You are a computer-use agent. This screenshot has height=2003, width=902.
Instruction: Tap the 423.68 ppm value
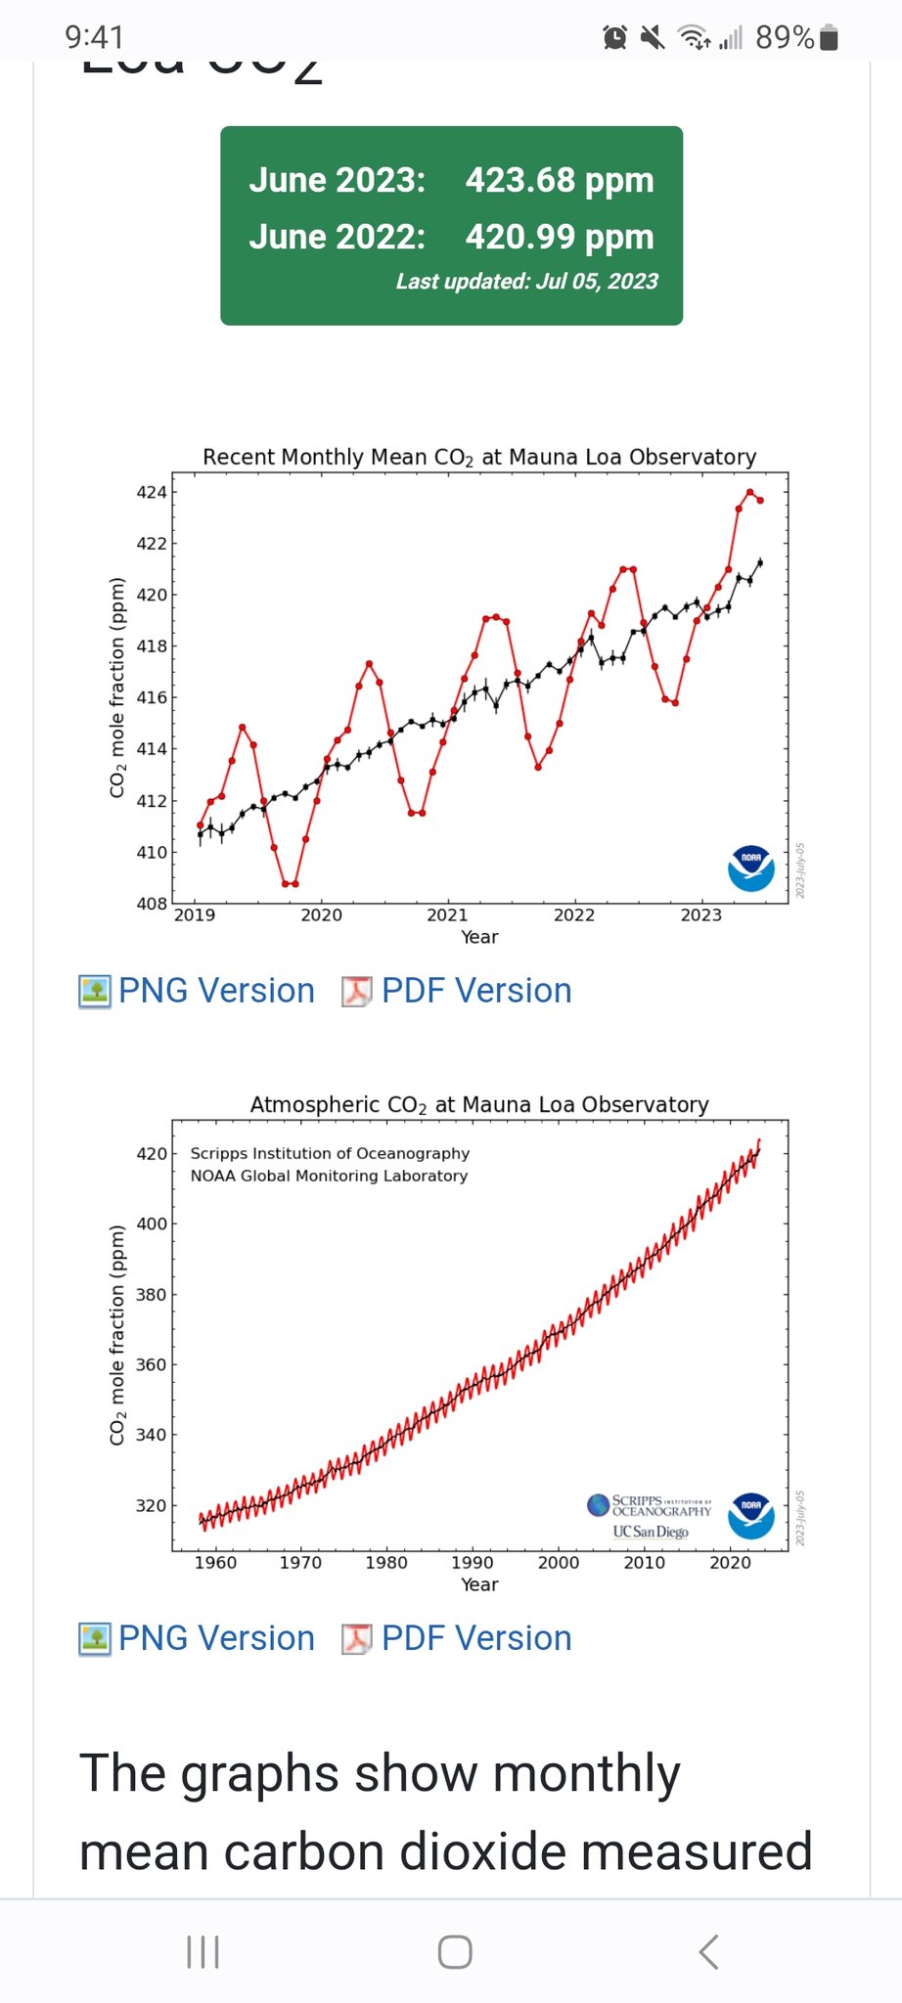[559, 181]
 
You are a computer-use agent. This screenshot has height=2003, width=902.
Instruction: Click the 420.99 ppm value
[559, 238]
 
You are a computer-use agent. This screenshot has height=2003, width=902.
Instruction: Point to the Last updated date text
[526, 282]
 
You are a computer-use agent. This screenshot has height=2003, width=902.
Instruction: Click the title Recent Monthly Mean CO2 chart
[479, 457]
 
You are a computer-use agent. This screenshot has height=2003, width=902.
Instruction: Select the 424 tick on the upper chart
[152, 492]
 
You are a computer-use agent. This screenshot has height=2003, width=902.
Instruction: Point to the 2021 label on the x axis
[447, 915]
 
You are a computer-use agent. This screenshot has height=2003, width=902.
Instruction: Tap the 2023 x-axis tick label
[700, 915]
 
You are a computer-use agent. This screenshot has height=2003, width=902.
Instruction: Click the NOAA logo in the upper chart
[751, 868]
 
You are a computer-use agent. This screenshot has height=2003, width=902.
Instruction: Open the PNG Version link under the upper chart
[216, 991]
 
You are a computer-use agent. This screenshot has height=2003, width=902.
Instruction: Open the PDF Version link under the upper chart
[475, 991]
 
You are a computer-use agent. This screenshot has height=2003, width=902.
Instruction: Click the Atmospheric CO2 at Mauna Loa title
[479, 1104]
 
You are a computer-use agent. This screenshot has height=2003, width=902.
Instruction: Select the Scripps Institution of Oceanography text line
[330, 1153]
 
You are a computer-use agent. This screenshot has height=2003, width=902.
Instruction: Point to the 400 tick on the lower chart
[152, 1224]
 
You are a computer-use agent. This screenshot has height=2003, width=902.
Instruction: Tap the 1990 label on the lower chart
[472, 1563]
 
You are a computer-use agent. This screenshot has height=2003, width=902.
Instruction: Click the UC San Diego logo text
[651, 1532]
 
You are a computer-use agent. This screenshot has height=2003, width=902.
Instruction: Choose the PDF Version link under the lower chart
[475, 1638]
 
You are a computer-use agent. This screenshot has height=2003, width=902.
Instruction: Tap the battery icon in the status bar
[829, 38]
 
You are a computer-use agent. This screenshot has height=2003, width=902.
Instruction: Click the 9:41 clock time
[95, 37]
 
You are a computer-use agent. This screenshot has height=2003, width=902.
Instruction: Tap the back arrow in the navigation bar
[709, 1951]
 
